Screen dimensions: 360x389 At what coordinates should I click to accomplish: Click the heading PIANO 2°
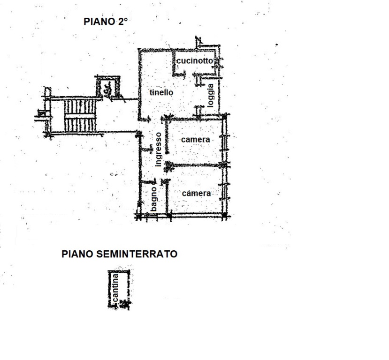click(106, 22)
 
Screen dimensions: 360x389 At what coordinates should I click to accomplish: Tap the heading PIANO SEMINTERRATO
click(120, 254)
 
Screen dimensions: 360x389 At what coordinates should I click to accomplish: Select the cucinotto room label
click(195, 61)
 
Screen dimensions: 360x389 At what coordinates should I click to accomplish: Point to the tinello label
click(161, 93)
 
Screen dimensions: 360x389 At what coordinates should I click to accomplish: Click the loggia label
click(211, 95)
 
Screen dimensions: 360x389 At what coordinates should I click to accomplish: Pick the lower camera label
click(196, 193)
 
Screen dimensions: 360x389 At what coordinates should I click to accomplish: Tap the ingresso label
click(159, 149)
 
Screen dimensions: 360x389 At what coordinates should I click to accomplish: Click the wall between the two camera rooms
click(197, 165)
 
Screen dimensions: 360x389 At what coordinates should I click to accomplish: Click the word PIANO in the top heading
click(97, 22)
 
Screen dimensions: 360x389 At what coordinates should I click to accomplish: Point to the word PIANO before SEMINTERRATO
click(78, 254)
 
